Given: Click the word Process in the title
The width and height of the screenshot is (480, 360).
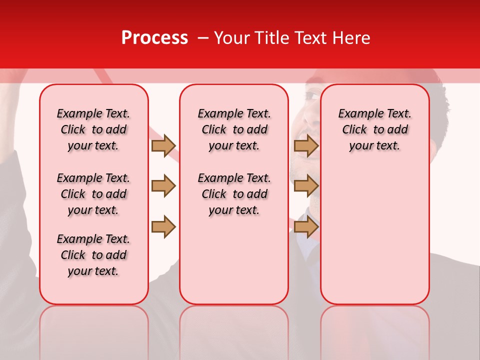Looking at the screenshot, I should (154, 38).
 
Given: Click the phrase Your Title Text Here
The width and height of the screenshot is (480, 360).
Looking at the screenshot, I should (292, 38).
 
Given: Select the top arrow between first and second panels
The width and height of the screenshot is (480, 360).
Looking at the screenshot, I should (163, 145).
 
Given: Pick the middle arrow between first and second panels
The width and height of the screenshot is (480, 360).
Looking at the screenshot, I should (163, 186).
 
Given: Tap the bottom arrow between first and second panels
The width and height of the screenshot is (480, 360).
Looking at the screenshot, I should (163, 226).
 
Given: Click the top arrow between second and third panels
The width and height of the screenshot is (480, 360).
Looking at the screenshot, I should (306, 145).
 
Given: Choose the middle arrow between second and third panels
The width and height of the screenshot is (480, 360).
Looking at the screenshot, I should (306, 186).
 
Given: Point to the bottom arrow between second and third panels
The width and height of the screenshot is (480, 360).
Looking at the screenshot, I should (306, 226).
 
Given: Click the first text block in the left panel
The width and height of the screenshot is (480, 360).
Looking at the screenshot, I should (93, 129).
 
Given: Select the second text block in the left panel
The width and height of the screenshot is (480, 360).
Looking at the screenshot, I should (93, 194).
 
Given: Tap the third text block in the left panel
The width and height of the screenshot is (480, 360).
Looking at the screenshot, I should (93, 255).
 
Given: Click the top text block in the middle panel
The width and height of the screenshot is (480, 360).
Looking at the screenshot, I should (234, 129).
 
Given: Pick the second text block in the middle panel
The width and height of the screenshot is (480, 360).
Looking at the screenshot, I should (234, 194).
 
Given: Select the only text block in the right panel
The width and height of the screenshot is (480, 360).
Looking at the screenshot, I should (374, 129).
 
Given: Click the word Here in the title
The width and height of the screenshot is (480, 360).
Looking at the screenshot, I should (352, 38).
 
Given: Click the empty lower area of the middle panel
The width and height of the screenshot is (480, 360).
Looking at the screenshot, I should (234, 260).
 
